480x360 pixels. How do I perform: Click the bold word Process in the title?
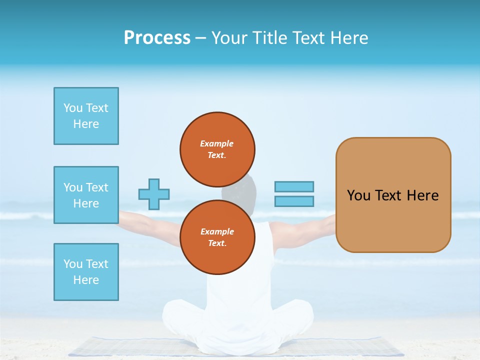point(157,38)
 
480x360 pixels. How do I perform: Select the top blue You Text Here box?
point(86,116)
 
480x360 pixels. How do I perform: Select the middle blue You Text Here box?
point(86,195)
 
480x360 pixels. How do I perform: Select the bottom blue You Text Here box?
point(86,272)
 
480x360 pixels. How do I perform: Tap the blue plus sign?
point(154,194)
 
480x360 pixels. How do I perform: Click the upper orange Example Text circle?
point(217,149)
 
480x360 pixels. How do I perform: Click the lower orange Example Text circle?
point(217,237)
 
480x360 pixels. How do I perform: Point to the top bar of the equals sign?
point(294,187)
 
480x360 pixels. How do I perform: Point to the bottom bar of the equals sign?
point(294,201)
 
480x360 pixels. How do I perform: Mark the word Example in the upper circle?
point(217,143)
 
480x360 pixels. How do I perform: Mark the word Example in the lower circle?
point(217,231)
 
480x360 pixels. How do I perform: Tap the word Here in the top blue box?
point(86,124)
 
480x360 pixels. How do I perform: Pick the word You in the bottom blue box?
point(73,264)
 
